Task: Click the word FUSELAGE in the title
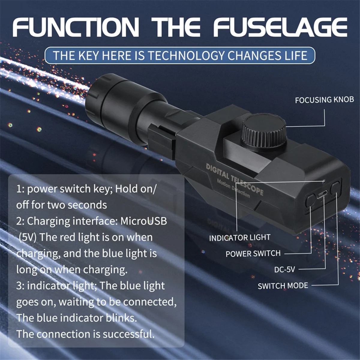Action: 280,28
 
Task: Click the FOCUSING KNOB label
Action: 324,100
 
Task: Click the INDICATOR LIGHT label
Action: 240,238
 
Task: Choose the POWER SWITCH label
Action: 253,253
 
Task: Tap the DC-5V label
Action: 284,269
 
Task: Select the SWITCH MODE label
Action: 283,285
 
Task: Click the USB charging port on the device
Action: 322,194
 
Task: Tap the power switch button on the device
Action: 310,200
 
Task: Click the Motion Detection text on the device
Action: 233,188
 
